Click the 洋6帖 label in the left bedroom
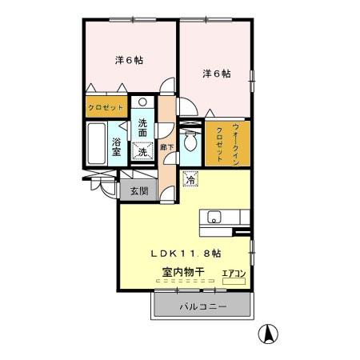coord(129,59)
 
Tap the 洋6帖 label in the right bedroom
coord(216,74)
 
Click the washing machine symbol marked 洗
coord(142,150)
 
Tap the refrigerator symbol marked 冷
coord(190,180)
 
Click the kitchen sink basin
coord(214,217)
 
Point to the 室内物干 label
coord(183,272)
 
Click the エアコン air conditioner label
coord(234,273)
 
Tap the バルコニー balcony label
coord(202,306)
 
